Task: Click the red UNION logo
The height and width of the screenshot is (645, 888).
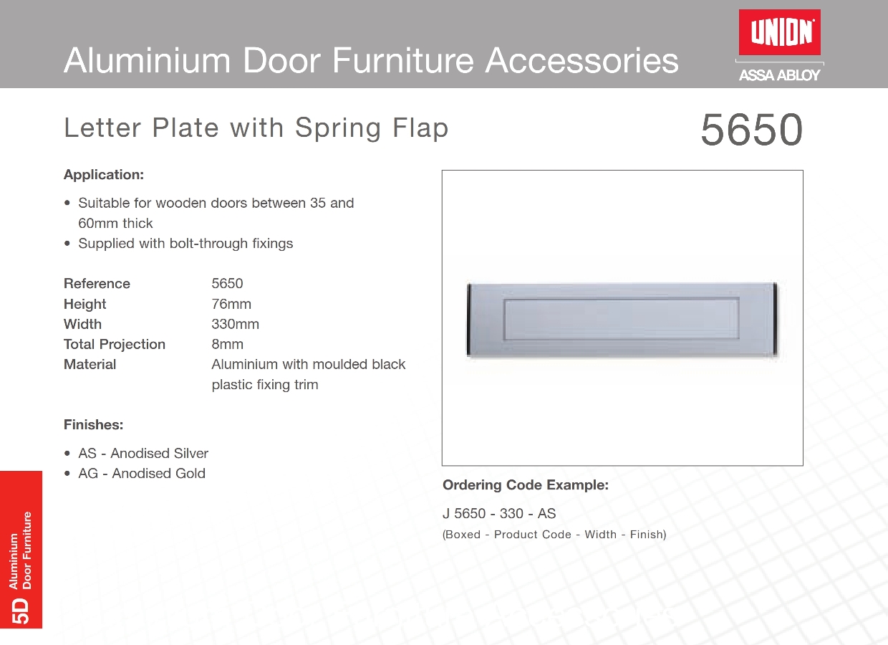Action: point(779,32)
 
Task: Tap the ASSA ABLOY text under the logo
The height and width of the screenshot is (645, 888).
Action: point(779,75)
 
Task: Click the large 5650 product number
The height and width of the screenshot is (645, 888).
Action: point(752,129)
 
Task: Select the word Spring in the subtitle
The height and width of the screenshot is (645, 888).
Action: point(338,129)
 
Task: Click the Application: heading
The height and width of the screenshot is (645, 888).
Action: point(104,175)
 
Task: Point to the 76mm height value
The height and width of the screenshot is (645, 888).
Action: point(231,304)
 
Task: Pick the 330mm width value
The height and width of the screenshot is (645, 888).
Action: point(235,324)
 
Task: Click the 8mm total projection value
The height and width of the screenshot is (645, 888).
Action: point(227,344)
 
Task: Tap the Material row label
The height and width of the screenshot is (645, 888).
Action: point(90,364)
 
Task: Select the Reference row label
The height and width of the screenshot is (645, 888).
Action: point(97,284)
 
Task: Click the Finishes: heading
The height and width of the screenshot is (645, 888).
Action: point(94,425)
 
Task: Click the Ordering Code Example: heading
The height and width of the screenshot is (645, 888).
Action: point(525,485)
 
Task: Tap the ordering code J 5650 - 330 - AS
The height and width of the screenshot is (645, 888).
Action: point(499,513)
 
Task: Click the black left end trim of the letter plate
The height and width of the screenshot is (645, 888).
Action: point(469,320)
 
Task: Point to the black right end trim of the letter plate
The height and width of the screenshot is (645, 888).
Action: point(775,318)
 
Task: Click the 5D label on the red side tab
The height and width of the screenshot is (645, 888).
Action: point(21,611)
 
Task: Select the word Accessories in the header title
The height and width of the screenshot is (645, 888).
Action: point(582,61)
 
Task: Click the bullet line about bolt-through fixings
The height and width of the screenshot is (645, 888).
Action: point(185,244)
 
